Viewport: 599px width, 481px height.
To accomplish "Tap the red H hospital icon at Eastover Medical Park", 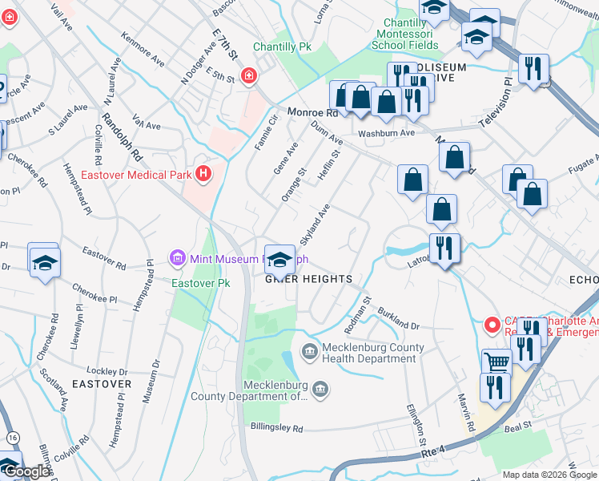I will pos(204,173).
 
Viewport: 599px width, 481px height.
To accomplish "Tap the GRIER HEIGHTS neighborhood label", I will pos(308,279).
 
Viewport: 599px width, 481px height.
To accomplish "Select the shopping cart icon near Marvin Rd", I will pos(497,362).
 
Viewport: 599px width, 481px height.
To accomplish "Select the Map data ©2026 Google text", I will pos(549,475).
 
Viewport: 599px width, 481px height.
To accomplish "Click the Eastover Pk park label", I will pos(193,283).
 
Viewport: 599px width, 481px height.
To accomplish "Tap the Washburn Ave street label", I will pos(386,133).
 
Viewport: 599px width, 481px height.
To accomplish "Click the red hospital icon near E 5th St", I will pos(250,75).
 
